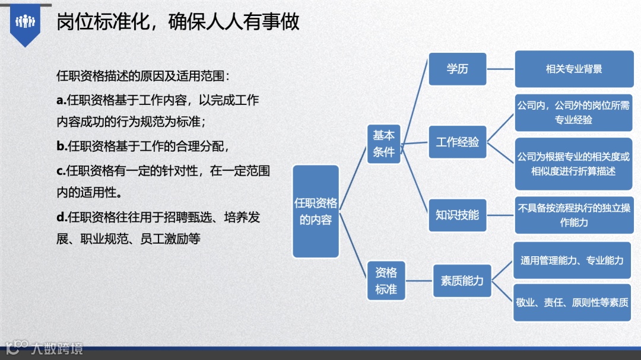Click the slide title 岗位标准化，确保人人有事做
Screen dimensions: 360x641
pyautogui.click(x=177, y=22)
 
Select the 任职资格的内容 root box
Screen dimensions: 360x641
pyautogui.click(x=316, y=211)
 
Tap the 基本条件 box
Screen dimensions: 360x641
pyautogui.click(x=384, y=144)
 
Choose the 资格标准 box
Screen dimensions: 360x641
pyautogui.click(x=386, y=281)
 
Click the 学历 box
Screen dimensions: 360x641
pyautogui.click(x=458, y=69)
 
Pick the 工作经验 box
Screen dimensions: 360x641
pyautogui.click(x=458, y=142)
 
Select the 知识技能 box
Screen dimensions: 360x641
pyautogui.click(x=458, y=215)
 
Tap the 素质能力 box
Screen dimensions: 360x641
pyautogui.click(x=462, y=281)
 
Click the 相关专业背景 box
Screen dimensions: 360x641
pyautogui.click(x=573, y=69)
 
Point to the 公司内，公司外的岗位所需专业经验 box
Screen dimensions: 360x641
pyautogui.click(x=573, y=113)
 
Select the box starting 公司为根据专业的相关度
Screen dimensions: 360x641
pyautogui.click(x=573, y=164)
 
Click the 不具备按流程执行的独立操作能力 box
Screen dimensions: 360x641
pyautogui.click(x=573, y=215)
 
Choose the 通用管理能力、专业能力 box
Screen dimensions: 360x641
pyautogui.click(x=572, y=260)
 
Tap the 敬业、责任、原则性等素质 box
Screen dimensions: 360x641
pyautogui.click(x=572, y=302)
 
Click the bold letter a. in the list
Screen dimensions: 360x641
pyautogui.click(x=61, y=100)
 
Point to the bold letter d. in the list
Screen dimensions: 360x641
pyautogui.click(x=61, y=218)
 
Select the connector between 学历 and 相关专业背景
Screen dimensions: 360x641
pyautogui.click(x=500, y=69)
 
